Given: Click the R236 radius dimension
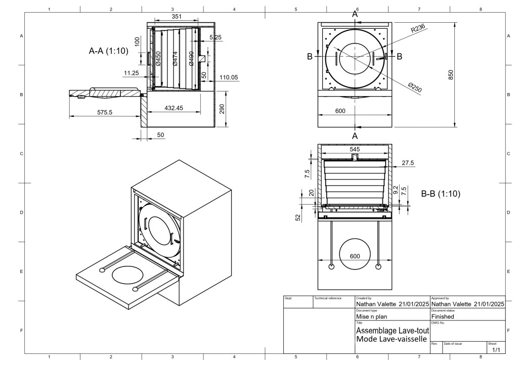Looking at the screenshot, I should pos(418,30).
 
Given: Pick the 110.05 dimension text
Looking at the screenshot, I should pos(229,77).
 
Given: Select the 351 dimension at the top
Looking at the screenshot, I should pos(177,17).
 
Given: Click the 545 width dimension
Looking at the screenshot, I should pos(355,150).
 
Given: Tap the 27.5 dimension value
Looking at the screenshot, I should pos(408,163).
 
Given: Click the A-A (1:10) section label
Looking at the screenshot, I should pos(108,51).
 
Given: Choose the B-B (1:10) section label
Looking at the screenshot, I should pos(440,193).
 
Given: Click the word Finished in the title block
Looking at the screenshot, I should pos(442,316).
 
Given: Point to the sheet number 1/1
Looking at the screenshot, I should pos(496,349).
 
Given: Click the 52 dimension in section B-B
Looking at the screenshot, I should pos(298,217).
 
